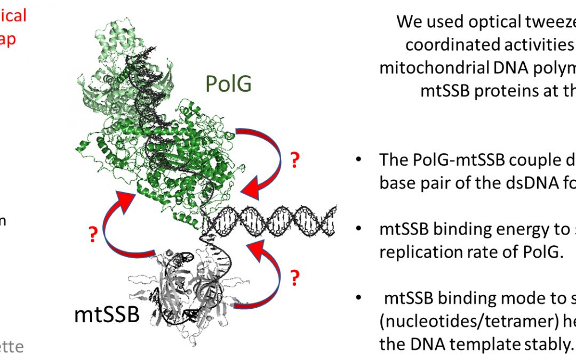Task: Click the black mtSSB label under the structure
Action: pyautogui.click(x=107, y=315)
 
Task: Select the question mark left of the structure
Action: pyautogui.click(x=93, y=234)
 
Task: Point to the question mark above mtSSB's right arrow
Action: pyautogui.click(x=293, y=277)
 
